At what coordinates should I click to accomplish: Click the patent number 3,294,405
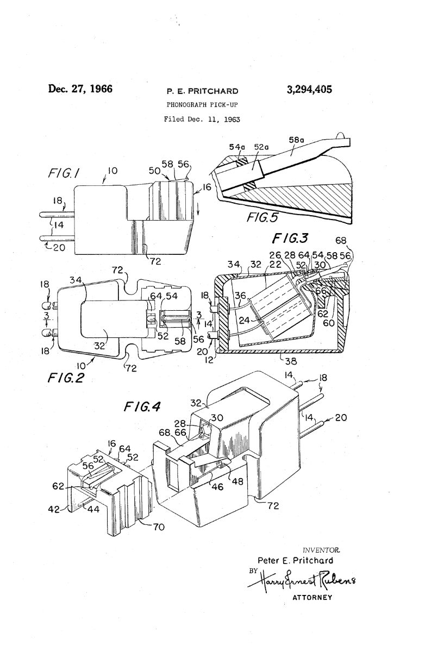pyautogui.click(x=309, y=90)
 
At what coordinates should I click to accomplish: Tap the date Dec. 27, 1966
pyautogui.click(x=80, y=89)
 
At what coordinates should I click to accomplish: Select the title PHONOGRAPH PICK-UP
pyautogui.click(x=202, y=104)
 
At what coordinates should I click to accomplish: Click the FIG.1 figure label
pyautogui.click(x=64, y=173)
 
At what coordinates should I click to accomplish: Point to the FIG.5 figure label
pyautogui.click(x=262, y=217)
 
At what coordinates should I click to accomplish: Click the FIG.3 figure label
pyautogui.click(x=290, y=239)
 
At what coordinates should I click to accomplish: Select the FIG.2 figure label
pyautogui.click(x=66, y=378)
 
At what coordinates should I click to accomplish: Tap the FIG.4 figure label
pyautogui.click(x=142, y=406)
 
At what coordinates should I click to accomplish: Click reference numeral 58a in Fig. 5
pyautogui.click(x=296, y=140)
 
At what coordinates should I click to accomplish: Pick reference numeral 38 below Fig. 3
pyautogui.click(x=290, y=361)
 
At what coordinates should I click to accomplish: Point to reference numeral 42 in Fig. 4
pyautogui.click(x=54, y=509)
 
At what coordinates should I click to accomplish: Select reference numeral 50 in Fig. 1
pyautogui.click(x=154, y=171)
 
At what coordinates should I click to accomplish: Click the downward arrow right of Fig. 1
pyautogui.click(x=198, y=210)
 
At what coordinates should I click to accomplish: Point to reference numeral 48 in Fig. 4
pyautogui.click(x=237, y=481)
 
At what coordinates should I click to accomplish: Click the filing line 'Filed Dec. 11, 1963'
pyautogui.click(x=202, y=120)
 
